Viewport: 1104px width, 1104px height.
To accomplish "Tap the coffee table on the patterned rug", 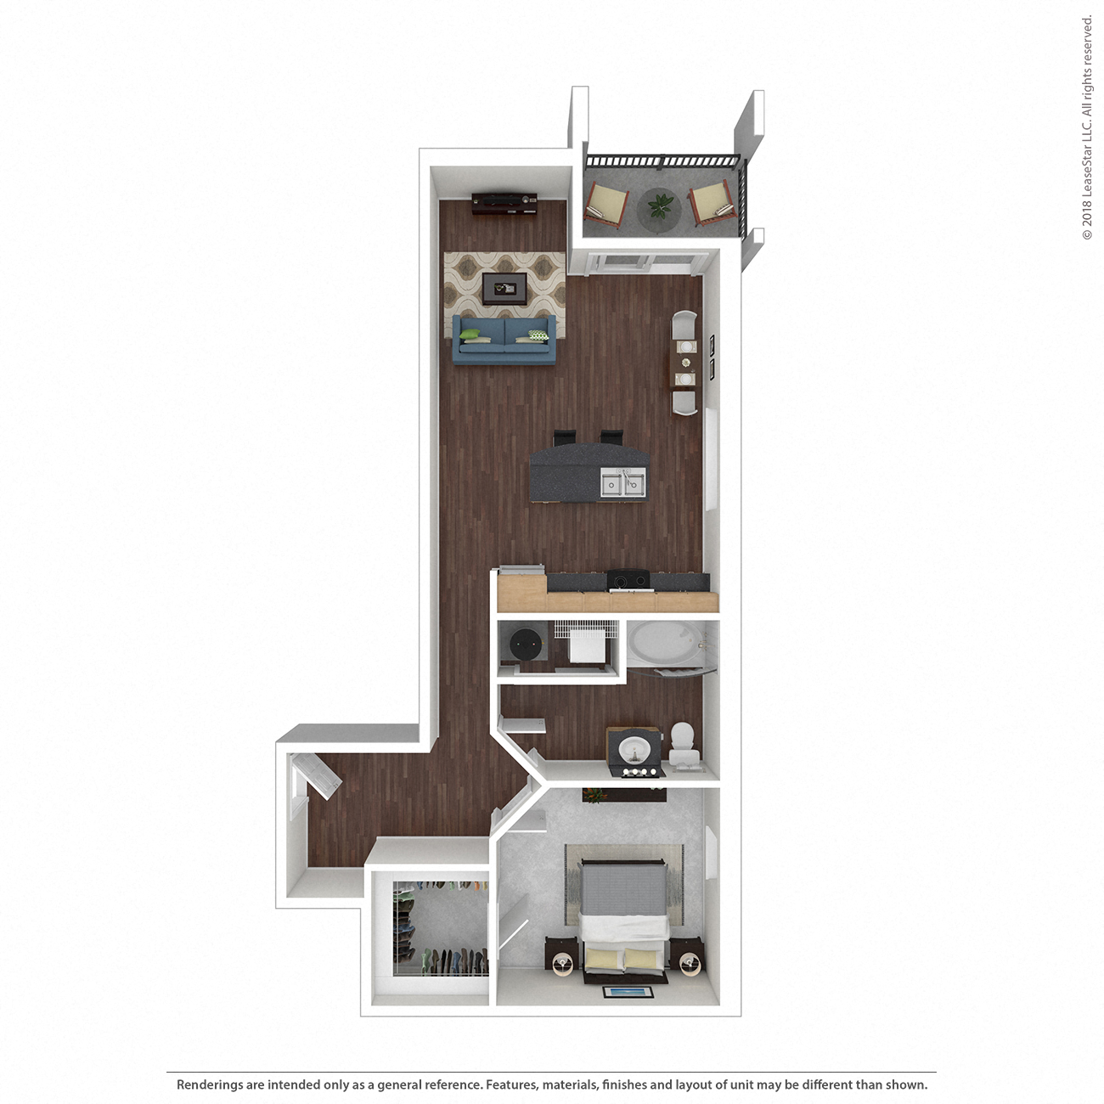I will (x=504, y=288).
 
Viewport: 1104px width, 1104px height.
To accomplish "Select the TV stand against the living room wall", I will (x=504, y=205).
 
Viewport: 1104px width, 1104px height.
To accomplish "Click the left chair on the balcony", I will (x=607, y=202).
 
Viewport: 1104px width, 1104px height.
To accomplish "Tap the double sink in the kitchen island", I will (x=622, y=482).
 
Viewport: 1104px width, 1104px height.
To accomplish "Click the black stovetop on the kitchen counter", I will (x=629, y=582).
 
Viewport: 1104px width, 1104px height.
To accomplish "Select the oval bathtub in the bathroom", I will (x=663, y=645).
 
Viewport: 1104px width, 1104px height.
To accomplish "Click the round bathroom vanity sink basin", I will (x=634, y=751).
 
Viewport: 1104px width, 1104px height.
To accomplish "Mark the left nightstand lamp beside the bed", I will (x=562, y=961).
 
